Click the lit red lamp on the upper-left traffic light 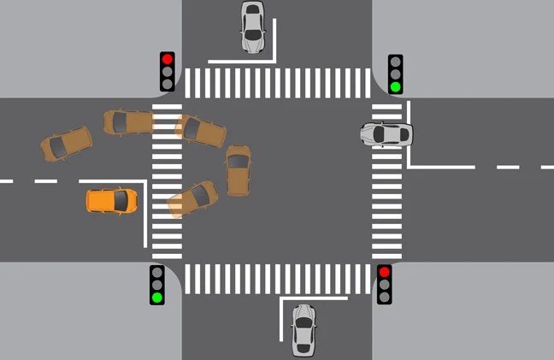[168, 60]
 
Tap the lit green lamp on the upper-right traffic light [395, 86]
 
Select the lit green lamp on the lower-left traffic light [157, 298]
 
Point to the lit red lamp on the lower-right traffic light [385, 272]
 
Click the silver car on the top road [252, 27]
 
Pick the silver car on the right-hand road [386, 134]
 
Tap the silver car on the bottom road [303, 330]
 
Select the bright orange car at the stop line [112, 201]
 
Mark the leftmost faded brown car [66, 144]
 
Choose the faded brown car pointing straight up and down [238, 169]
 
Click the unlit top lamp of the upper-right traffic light [395, 62]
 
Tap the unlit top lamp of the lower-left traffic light [157, 272]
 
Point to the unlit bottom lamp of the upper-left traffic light [168, 85]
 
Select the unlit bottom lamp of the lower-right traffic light [385, 297]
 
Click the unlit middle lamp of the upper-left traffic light [168, 72]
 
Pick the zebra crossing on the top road [277, 82]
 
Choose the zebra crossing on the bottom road [277, 278]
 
